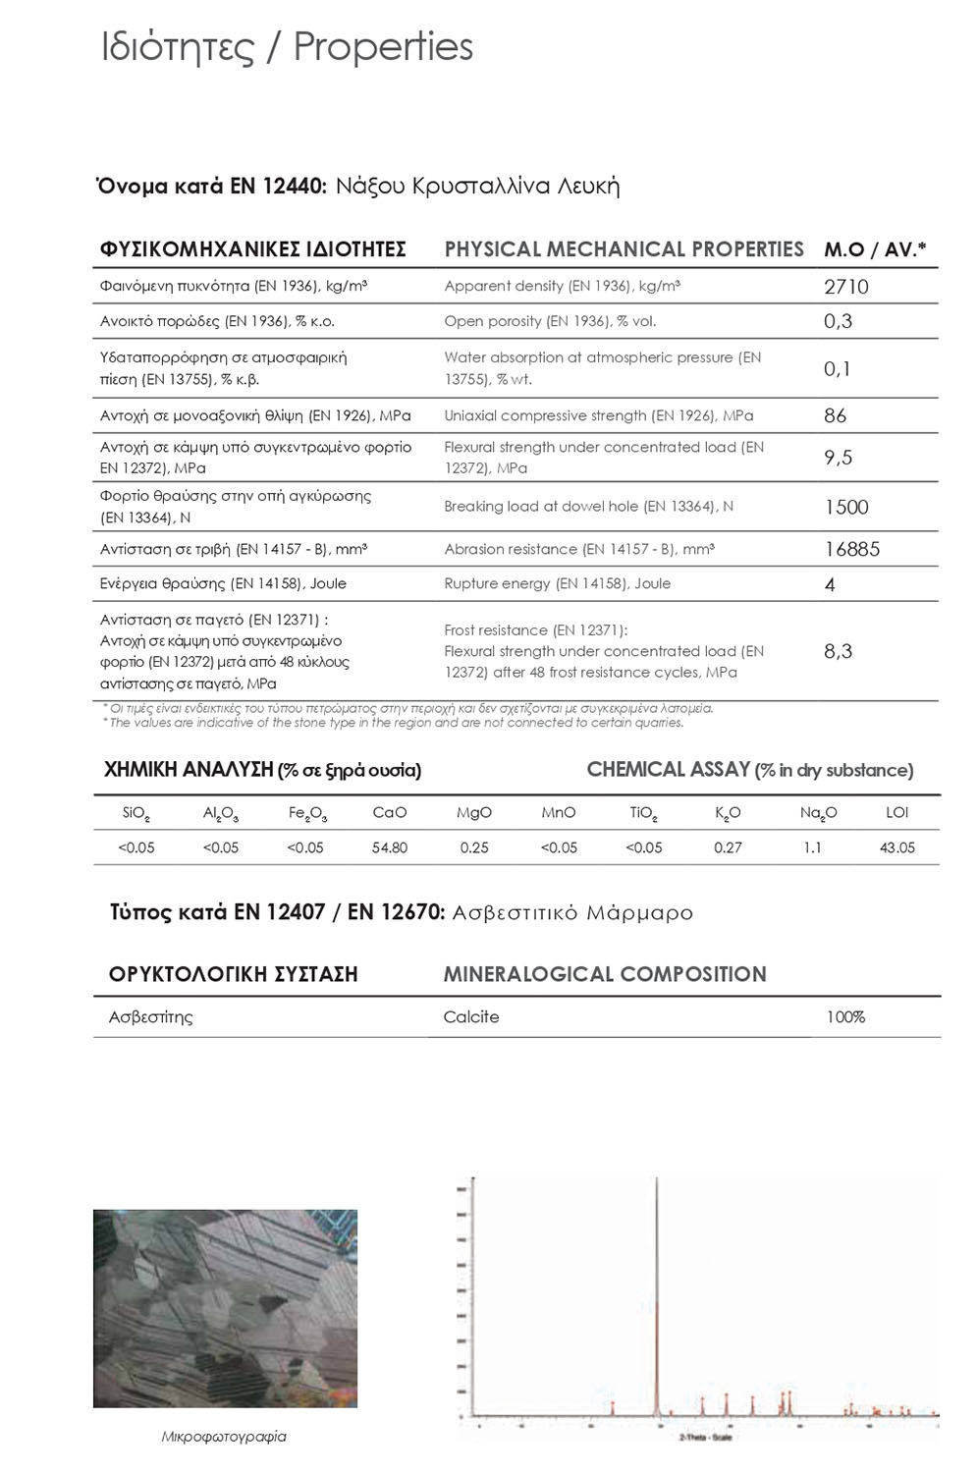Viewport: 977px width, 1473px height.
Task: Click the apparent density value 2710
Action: (x=845, y=287)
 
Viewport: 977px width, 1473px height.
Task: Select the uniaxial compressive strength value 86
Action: (x=835, y=415)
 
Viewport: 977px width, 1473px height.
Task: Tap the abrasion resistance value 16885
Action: (x=851, y=549)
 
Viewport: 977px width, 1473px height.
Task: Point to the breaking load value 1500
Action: (x=845, y=507)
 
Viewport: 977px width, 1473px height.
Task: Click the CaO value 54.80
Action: (x=390, y=847)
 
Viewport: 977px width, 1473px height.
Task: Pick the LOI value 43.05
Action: (x=896, y=847)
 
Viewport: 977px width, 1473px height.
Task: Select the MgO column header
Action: (x=474, y=813)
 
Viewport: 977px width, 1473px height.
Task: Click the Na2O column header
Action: (x=817, y=814)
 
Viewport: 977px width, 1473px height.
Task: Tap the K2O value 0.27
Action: (x=728, y=847)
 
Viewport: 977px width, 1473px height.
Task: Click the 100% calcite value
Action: (x=844, y=1017)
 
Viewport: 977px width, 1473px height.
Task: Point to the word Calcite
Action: (x=470, y=1017)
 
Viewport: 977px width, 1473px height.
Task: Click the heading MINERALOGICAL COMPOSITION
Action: (x=604, y=974)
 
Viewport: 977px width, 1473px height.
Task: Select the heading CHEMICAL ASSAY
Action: (x=668, y=770)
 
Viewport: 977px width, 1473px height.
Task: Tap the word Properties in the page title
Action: (x=383, y=47)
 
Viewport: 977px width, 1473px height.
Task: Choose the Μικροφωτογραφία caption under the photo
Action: (x=224, y=1437)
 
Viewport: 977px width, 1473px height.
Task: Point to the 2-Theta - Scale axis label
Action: (x=704, y=1438)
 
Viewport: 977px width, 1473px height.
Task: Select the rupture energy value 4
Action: (x=830, y=584)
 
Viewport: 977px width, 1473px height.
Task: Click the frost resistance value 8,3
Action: (x=838, y=651)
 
